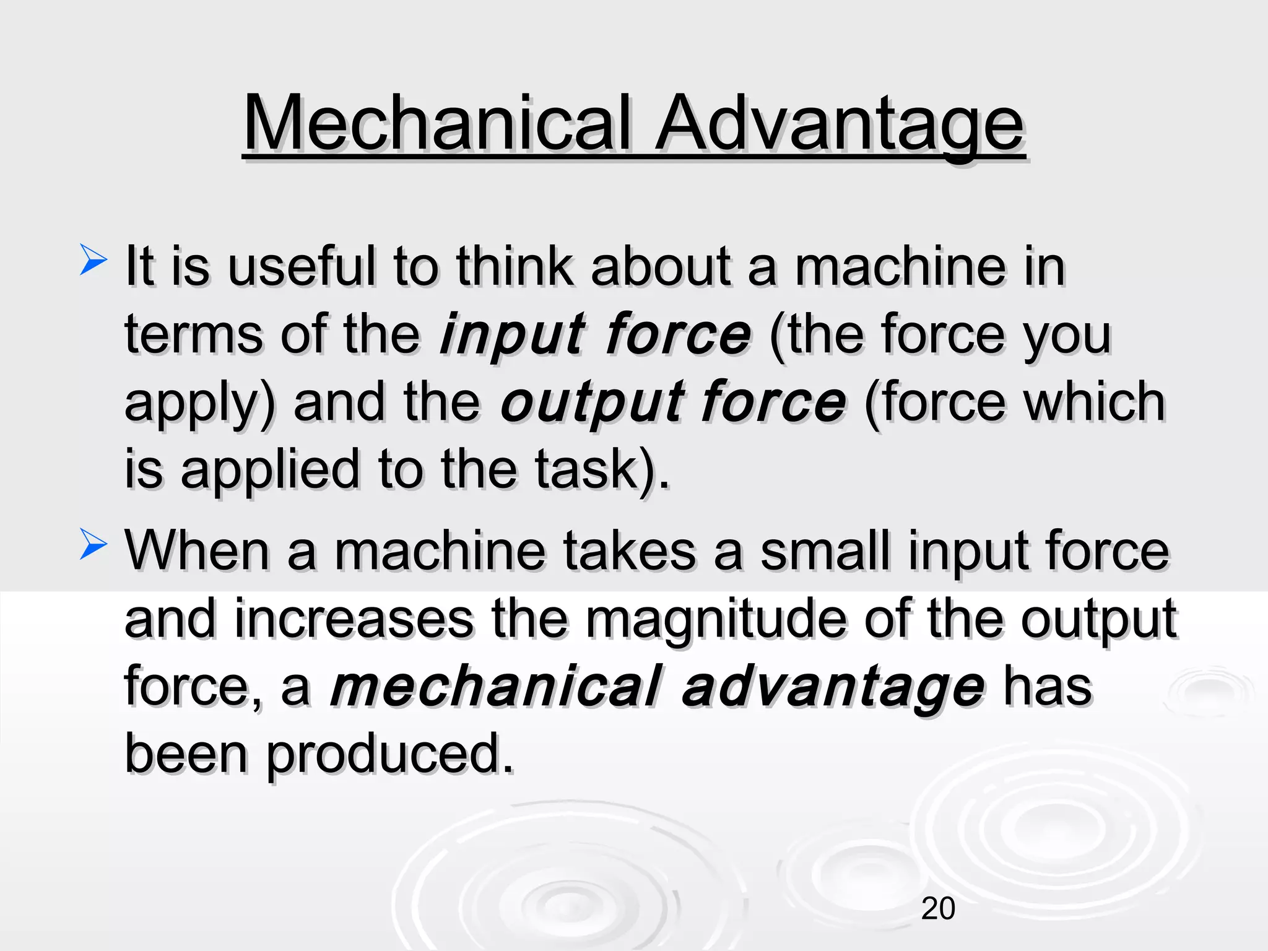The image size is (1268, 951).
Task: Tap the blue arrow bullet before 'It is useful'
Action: (93, 259)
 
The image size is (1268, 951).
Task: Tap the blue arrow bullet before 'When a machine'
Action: (93, 544)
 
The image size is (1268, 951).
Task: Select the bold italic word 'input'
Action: (511, 335)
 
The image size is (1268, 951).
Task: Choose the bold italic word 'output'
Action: (591, 403)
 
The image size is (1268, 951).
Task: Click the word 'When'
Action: (198, 550)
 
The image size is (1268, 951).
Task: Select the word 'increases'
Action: (354, 619)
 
